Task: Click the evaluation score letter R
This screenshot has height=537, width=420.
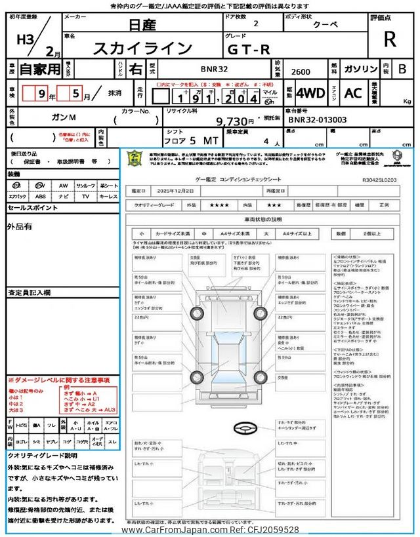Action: pyautogui.click(x=390, y=39)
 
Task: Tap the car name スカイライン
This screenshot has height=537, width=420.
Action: pyautogui.click(x=152, y=48)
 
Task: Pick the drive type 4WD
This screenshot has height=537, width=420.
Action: pyautogui.click(x=310, y=93)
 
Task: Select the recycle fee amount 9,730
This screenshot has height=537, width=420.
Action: pyautogui.click(x=234, y=121)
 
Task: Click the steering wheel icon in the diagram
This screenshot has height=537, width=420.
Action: pyautogui.click(x=247, y=428)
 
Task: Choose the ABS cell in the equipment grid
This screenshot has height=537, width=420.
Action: pyautogui.click(x=41, y=196)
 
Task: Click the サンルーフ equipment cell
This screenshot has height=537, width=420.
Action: pyautogui.click(x=85, y=186)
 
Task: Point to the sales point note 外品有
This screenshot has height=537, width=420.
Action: pyautogui.click(x=20, y=227)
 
